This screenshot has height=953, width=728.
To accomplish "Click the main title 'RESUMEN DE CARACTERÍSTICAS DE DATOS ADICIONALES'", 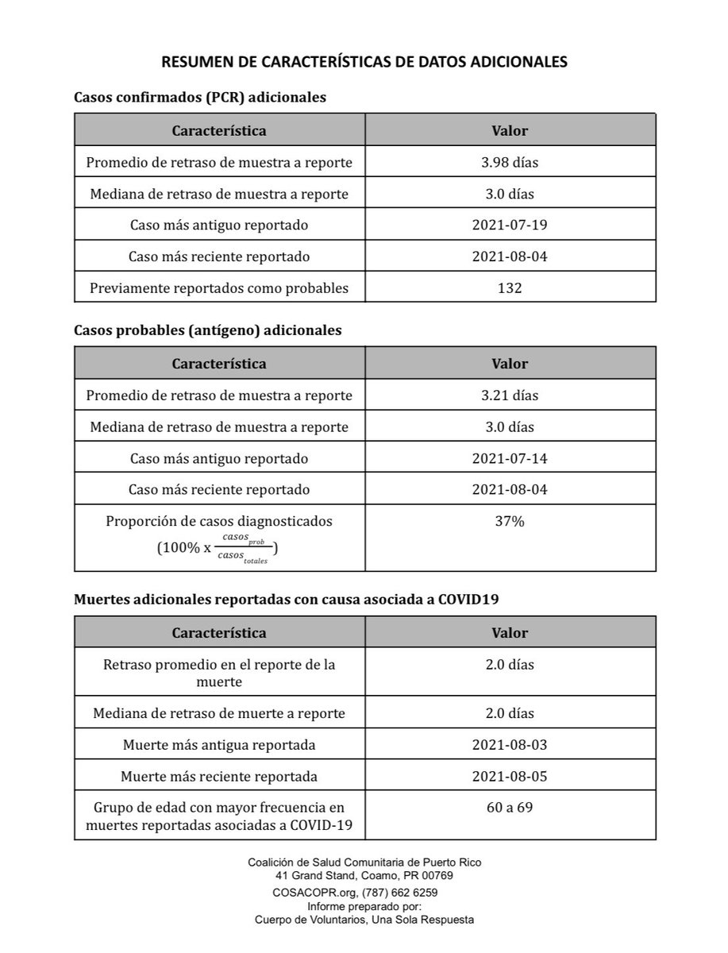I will pos(364,62).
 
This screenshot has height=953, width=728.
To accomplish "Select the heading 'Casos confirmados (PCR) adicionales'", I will pos(200,97).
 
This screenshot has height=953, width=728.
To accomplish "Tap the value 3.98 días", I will pos(510,163).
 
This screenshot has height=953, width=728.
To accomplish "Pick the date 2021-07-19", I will pos(510,225).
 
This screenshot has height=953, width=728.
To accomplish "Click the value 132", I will pos(510,287).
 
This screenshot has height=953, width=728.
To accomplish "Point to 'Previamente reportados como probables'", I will pos(219,287).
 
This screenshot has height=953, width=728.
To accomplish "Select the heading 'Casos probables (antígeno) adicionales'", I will pos(208,330).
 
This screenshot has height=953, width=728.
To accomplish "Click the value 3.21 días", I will pos(510,395).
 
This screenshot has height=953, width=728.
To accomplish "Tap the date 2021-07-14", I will pos(510,458).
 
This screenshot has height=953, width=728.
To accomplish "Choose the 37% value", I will pos(510,522).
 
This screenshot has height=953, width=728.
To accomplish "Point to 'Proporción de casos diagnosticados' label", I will pos(219,522).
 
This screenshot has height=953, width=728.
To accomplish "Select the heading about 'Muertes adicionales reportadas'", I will pos(286,600).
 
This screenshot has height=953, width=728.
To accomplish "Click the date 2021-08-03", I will pos(510,745).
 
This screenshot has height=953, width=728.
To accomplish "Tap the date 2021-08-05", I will pos(510,776).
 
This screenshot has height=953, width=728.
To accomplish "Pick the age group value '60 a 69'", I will pos(510,808).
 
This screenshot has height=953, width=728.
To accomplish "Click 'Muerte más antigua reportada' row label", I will pos(219,745).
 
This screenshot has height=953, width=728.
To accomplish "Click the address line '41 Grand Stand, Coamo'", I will pos(364,875).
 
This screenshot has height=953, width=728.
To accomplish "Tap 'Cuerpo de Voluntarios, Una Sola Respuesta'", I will pos(364,920).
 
